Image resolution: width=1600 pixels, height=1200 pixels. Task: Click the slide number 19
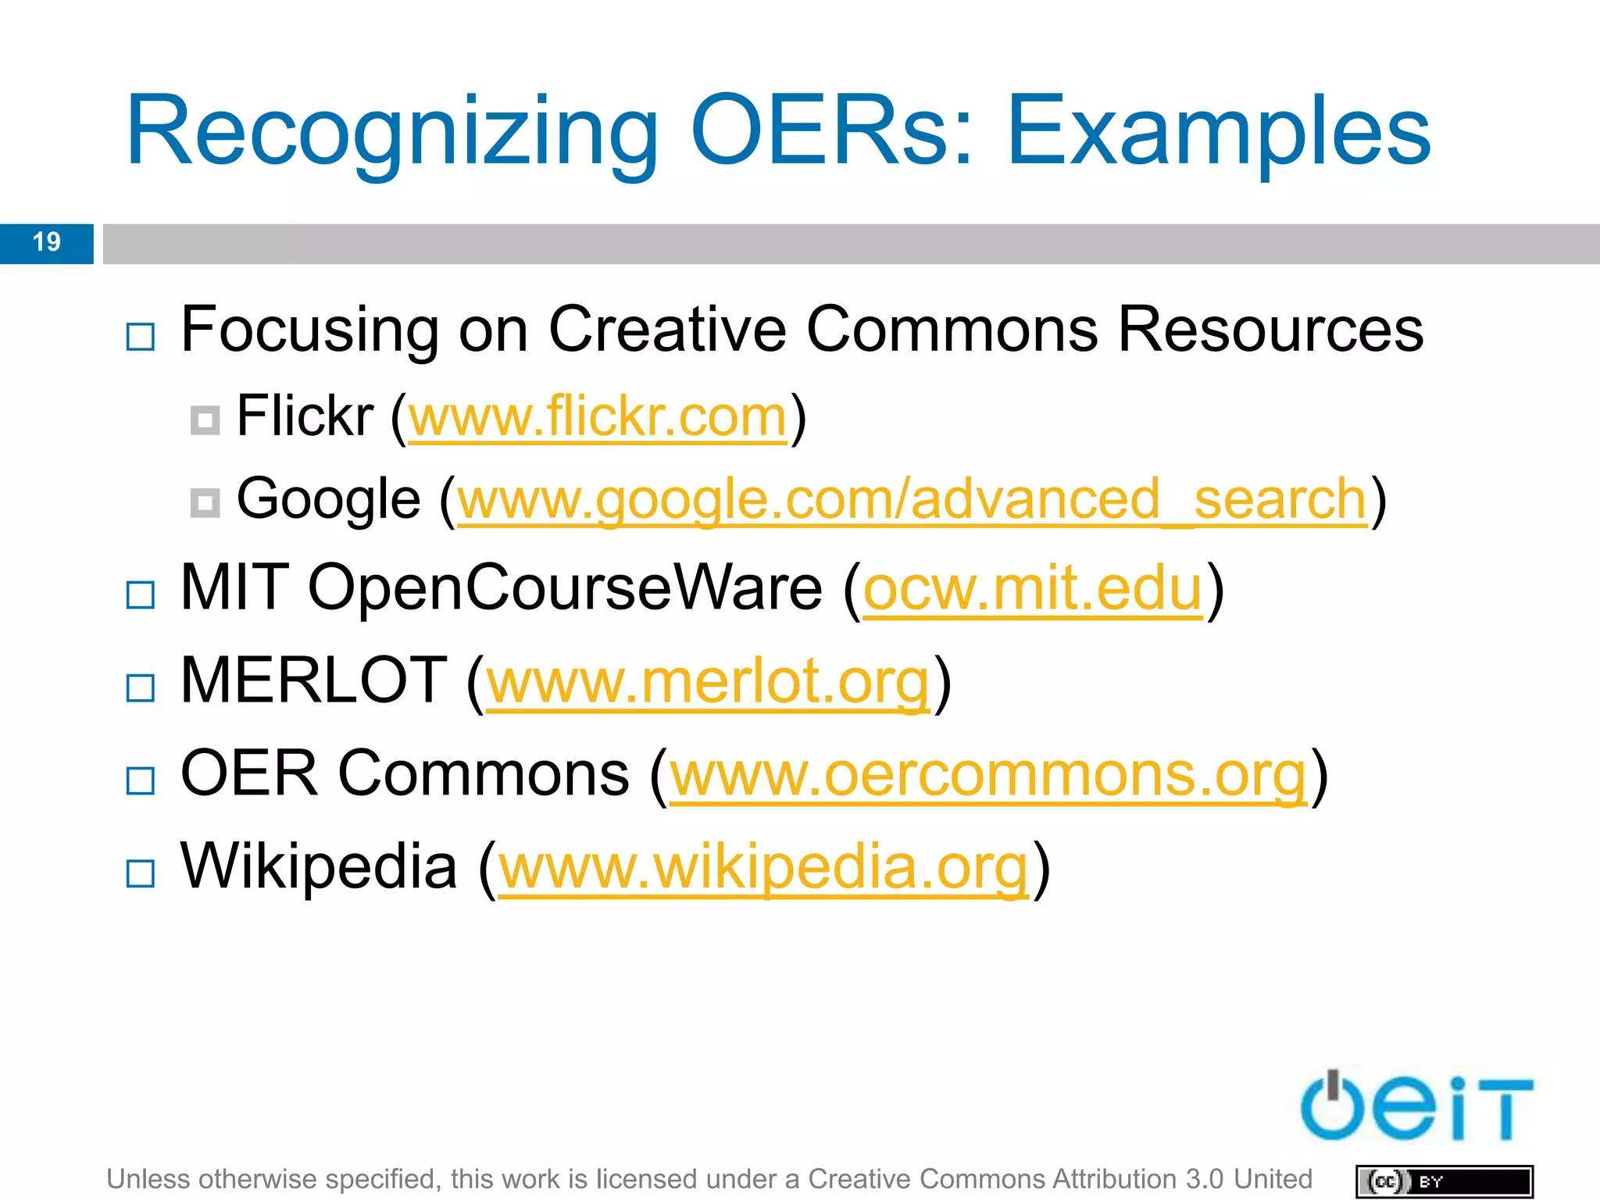click(x=47, y=242)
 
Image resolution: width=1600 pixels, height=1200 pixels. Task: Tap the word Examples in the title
click(x=1219, y=133)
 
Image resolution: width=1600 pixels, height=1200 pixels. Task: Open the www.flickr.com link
click(x=598, y=417)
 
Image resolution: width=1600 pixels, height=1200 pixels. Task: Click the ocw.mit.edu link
click(x=1033, y=589)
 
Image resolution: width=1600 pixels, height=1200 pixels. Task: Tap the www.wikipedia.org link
click(x=763, y=868)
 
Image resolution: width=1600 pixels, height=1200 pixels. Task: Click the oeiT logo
click(x=1416, y=1108)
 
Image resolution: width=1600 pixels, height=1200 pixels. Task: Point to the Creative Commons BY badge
click(x=1445, y=1181)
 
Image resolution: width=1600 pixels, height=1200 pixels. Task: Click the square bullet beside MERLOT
click(x=141, y=688)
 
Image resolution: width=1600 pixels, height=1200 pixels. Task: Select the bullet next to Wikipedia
click(x=141, y=873)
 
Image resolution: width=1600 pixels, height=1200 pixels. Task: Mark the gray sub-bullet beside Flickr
click(x=205, y=421)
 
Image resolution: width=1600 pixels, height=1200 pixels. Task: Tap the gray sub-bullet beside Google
click(x=205, y=503)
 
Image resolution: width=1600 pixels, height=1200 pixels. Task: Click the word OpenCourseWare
click(x=565, y=587)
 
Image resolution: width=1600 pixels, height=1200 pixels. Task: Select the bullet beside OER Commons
click(x=141, y=780)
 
